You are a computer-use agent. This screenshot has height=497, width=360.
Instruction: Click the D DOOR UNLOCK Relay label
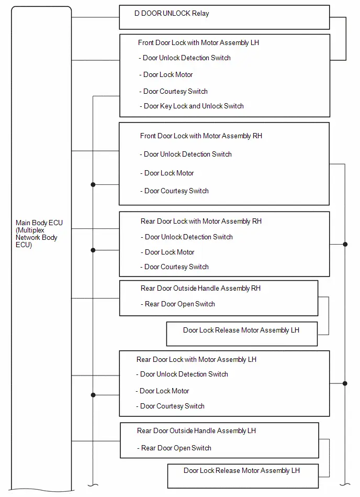tap(172, 13)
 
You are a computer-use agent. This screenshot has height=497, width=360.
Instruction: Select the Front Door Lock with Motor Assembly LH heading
tap(198, 43)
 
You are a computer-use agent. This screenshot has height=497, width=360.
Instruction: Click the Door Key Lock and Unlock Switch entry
tap(192, 106)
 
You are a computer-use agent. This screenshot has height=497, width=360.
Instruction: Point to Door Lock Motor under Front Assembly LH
tap(166, 74)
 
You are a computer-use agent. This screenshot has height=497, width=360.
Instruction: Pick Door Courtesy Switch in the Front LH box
tap(174, 91)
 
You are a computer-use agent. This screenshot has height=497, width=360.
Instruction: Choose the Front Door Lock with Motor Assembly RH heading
tap(201, 136)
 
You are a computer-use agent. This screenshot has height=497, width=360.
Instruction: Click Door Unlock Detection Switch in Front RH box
tap(186, 154)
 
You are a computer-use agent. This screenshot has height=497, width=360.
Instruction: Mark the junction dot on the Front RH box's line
tap(93, 184)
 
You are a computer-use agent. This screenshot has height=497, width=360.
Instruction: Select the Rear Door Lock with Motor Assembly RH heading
tap(201, 221)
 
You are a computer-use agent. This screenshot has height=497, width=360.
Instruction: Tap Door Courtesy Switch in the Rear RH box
tap(174, 267)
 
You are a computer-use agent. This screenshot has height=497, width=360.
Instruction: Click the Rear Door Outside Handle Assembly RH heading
tap(200, 289)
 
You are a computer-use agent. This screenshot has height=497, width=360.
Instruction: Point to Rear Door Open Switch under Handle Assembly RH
tap(178, 304)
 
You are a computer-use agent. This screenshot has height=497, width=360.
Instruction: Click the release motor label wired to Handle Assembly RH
tap(241, 330)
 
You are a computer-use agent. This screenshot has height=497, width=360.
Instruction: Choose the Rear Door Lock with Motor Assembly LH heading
tap(196, 359)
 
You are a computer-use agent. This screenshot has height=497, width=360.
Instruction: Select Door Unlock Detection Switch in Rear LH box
tap(182, 374)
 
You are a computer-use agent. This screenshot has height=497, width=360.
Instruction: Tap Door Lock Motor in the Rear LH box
tap(162, 391)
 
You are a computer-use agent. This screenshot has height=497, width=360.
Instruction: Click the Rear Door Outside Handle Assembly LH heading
tap(196, 431)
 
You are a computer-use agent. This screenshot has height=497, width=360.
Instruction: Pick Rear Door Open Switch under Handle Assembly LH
tap(174, 448)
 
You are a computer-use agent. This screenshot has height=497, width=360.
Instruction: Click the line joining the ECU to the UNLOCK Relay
tap(95, 17)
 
